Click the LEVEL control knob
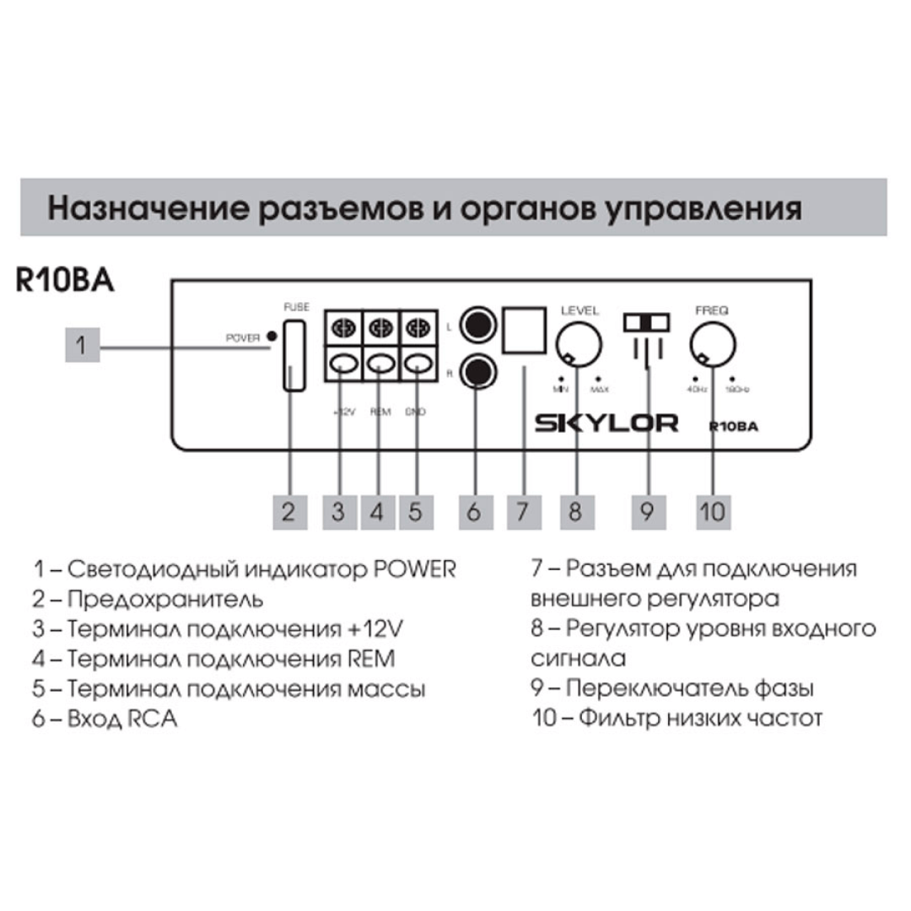[579, 345]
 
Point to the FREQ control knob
[712, 345]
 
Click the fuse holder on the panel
[293, 354]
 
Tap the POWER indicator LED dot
[271, 337]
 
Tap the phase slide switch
[646, 323]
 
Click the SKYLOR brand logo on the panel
[606, 423]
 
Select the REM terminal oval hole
[380, 364]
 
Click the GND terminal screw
[418, 326]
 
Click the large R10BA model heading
[65, 282]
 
